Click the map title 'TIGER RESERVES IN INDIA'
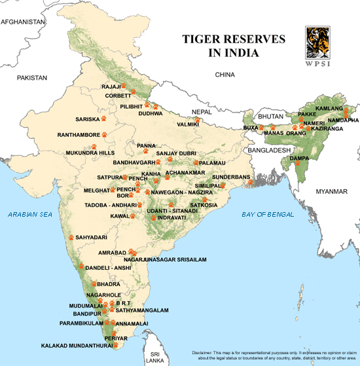(234, 45)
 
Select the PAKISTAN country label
(33, 77)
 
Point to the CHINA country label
(225, 75)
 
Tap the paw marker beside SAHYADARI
(71, 237)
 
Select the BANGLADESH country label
(268, 150)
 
